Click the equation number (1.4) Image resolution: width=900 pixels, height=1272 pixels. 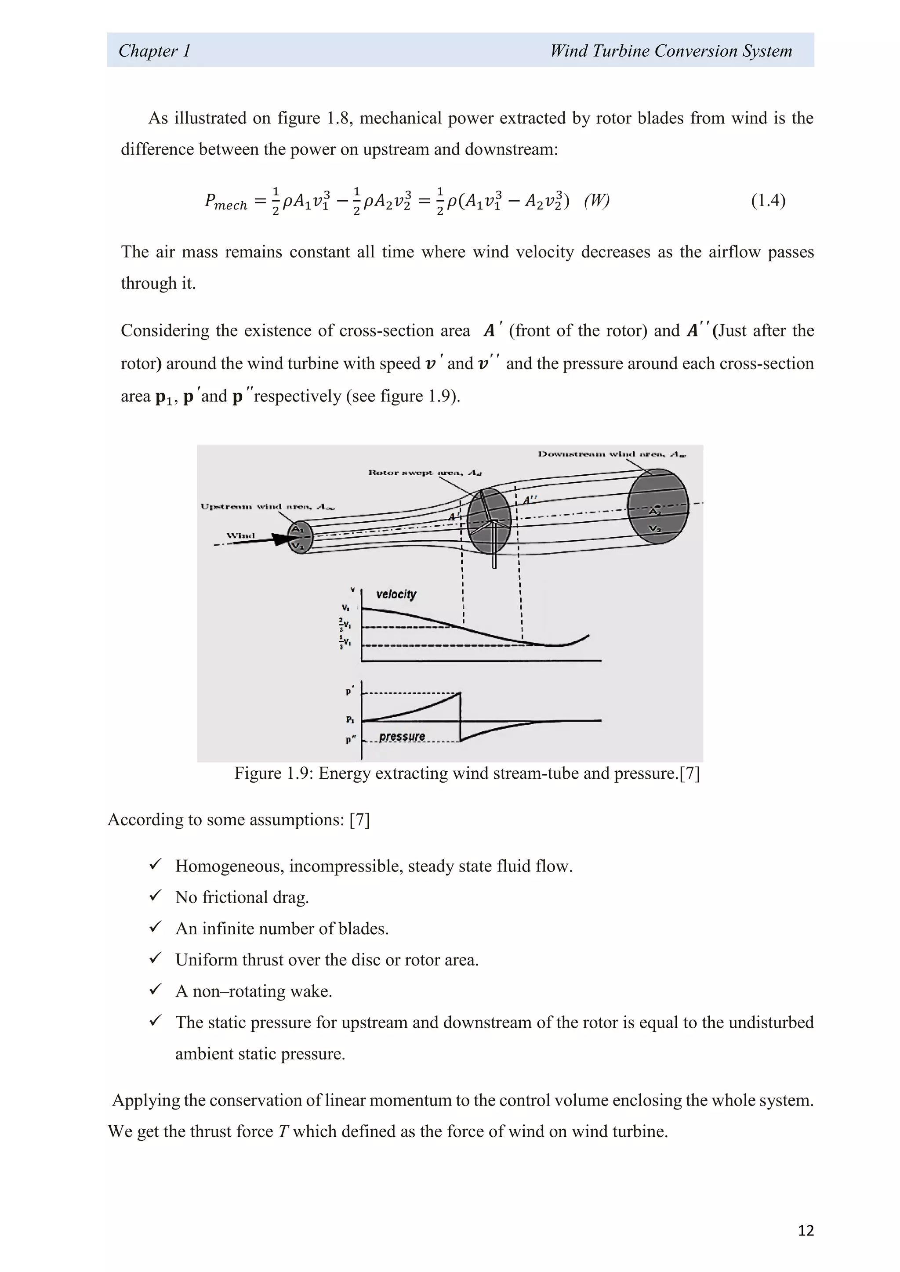click(x=768, y=201)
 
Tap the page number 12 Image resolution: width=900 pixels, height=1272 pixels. click(x=805, y=1230)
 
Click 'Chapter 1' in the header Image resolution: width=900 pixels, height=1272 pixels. click(x=155, y=51)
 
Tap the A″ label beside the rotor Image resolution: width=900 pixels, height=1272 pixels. click(x=530, y=500)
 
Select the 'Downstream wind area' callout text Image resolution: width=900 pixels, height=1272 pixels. click(x=612, y=454)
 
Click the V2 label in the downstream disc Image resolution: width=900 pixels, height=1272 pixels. click(x=655, y=529)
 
